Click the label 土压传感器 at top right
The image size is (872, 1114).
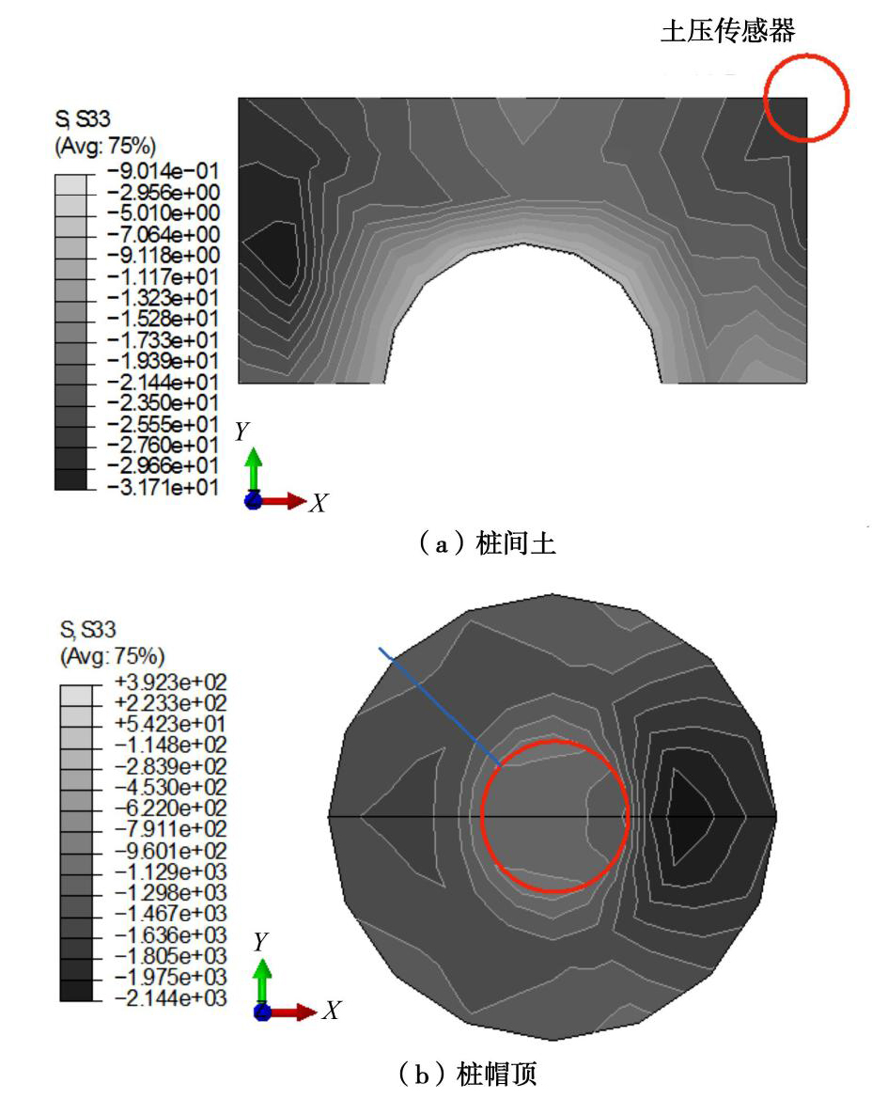pyautogui.click(x=728, y=30)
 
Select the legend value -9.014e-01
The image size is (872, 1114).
pyautogui.click(x=163, y=171)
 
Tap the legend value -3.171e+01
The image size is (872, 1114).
pyautogui.click(x=163, y=487)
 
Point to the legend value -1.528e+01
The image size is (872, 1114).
pyautogui.click(x=163, y=319)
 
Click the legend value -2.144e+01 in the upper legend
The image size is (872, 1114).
pyautogui.click(x=163, y=383)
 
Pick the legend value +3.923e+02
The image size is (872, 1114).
pyautogui.click(x=170, y=683)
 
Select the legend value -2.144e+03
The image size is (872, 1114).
pyautogui.click(x=170, y=998)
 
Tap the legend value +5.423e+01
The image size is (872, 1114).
pyautogui.click(x=170, y=725)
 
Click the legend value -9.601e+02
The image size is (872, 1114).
pyautogui.click(x=170, y=851)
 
